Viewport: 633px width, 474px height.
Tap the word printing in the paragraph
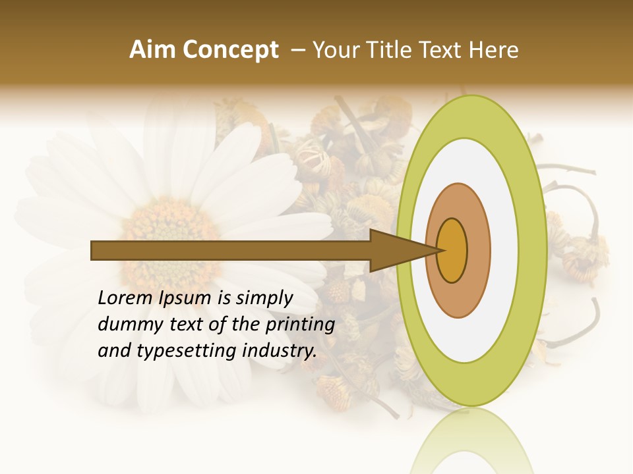pos(299,325)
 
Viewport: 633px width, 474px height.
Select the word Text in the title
pos(443,50)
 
